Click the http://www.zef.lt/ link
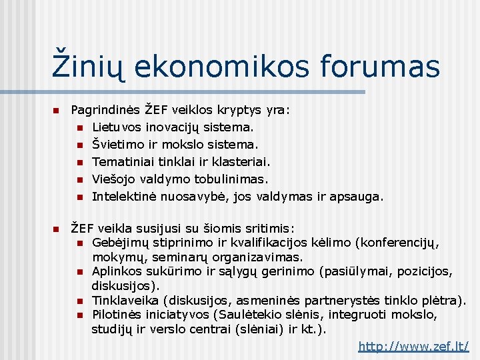(413, 346)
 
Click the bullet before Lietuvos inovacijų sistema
(79, 126)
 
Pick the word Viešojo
(112, 179)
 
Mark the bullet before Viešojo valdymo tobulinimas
(79, 179)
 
